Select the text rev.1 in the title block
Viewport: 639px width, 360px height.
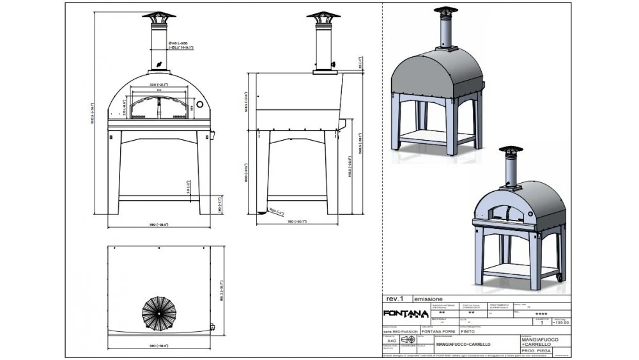[x=395, y=299]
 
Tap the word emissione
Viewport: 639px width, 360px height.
[x=428, y=299]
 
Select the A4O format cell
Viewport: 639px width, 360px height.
[x=391, y=341]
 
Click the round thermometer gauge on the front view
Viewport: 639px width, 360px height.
[x=199, y=104]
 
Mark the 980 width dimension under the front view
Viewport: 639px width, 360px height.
[x=158, y=226]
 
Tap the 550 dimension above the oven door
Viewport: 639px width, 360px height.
[x=158, y=84]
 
